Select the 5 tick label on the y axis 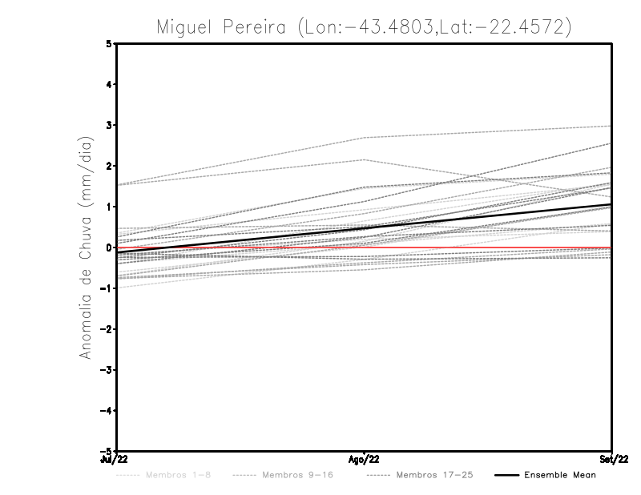coord(109,44)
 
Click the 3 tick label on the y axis coord(109,126)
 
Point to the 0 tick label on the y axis coord(109,247)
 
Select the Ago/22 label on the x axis coord(364,458)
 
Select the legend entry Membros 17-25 coord(433,475)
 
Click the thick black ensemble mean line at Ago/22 coord(364,228)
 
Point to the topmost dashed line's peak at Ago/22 coord(364,138)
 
